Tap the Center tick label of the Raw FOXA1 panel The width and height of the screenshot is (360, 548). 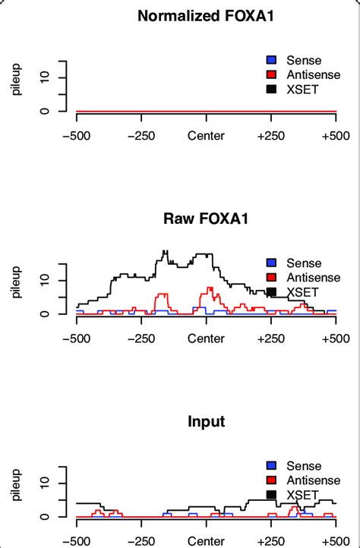click(x=206, y=339)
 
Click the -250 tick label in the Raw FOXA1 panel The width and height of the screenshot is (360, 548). click(x=141, y=339)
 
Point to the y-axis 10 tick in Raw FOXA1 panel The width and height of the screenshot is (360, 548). click(x=44, y=280)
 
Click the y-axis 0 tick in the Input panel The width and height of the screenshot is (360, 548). click(x=44, y=517)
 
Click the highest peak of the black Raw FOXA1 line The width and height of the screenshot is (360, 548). click(x=165, y=251)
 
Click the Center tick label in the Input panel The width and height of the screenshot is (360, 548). click(x=206, y=542)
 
